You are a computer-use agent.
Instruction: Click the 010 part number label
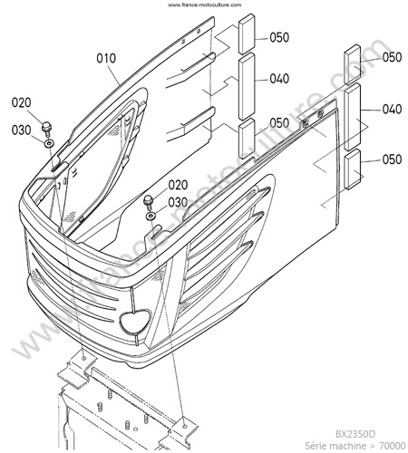coord(106,58)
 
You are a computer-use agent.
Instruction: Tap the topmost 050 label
coord(279,37)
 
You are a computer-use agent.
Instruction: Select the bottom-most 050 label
coord(392,159)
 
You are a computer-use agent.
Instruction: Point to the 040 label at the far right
coord(392,109)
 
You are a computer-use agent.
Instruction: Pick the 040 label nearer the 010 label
coord(279,79)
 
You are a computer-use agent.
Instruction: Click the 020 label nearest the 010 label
coord(21,102)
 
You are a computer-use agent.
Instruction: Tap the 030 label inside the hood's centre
coord(178,202)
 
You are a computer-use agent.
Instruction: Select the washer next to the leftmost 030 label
coord(48,143)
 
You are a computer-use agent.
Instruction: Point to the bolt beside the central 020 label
coord(149,202)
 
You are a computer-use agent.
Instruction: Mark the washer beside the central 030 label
coord(151,216)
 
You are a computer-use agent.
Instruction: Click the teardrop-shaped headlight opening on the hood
coord(135,321)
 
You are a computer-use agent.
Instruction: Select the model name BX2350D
coord(355,434)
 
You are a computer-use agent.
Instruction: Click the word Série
coord(315,446)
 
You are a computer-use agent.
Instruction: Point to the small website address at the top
coord(205,5)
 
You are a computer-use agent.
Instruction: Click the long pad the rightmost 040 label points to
coord(353,117)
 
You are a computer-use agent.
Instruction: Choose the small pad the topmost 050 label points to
coord(248,34)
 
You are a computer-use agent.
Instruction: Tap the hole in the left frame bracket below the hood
coord(83,359)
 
